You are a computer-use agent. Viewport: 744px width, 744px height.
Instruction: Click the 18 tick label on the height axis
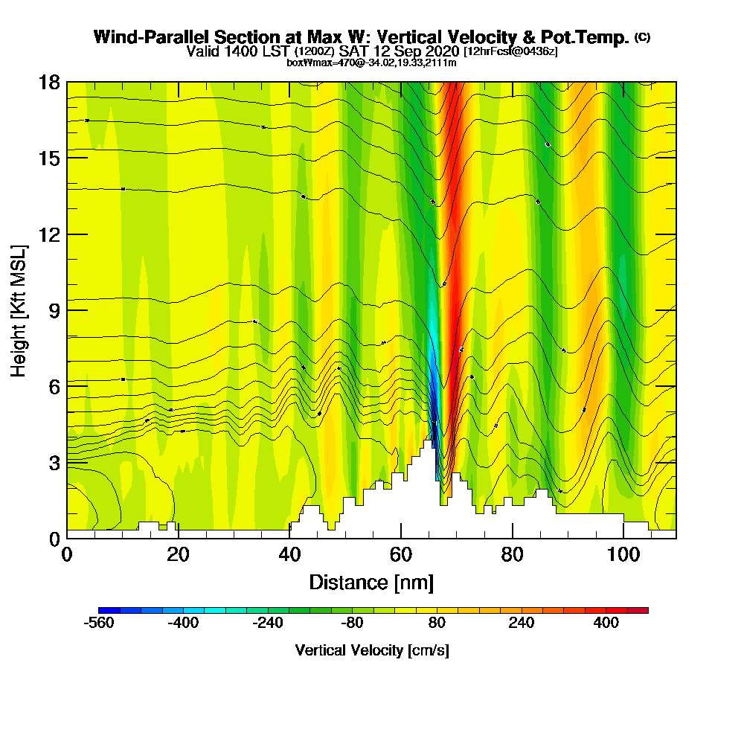tap(49, 82)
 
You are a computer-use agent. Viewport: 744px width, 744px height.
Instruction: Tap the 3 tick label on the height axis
tap(54, 462)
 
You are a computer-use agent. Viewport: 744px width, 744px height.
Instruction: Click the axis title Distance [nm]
tap(371, 582)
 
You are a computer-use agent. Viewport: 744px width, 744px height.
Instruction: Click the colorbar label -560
tap(100, 623)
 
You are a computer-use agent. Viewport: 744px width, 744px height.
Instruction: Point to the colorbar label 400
tap(606, 623)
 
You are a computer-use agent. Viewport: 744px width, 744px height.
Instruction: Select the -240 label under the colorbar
tap(269, 623)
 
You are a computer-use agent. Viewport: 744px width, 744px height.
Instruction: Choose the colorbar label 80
tap(437, 623)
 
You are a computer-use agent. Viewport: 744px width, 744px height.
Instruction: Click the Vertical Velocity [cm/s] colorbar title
tap(372, 650)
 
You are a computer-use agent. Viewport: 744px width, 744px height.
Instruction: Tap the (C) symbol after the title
tap(642, 37)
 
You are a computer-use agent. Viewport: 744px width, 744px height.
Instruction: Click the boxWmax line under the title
tap(371, 62)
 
